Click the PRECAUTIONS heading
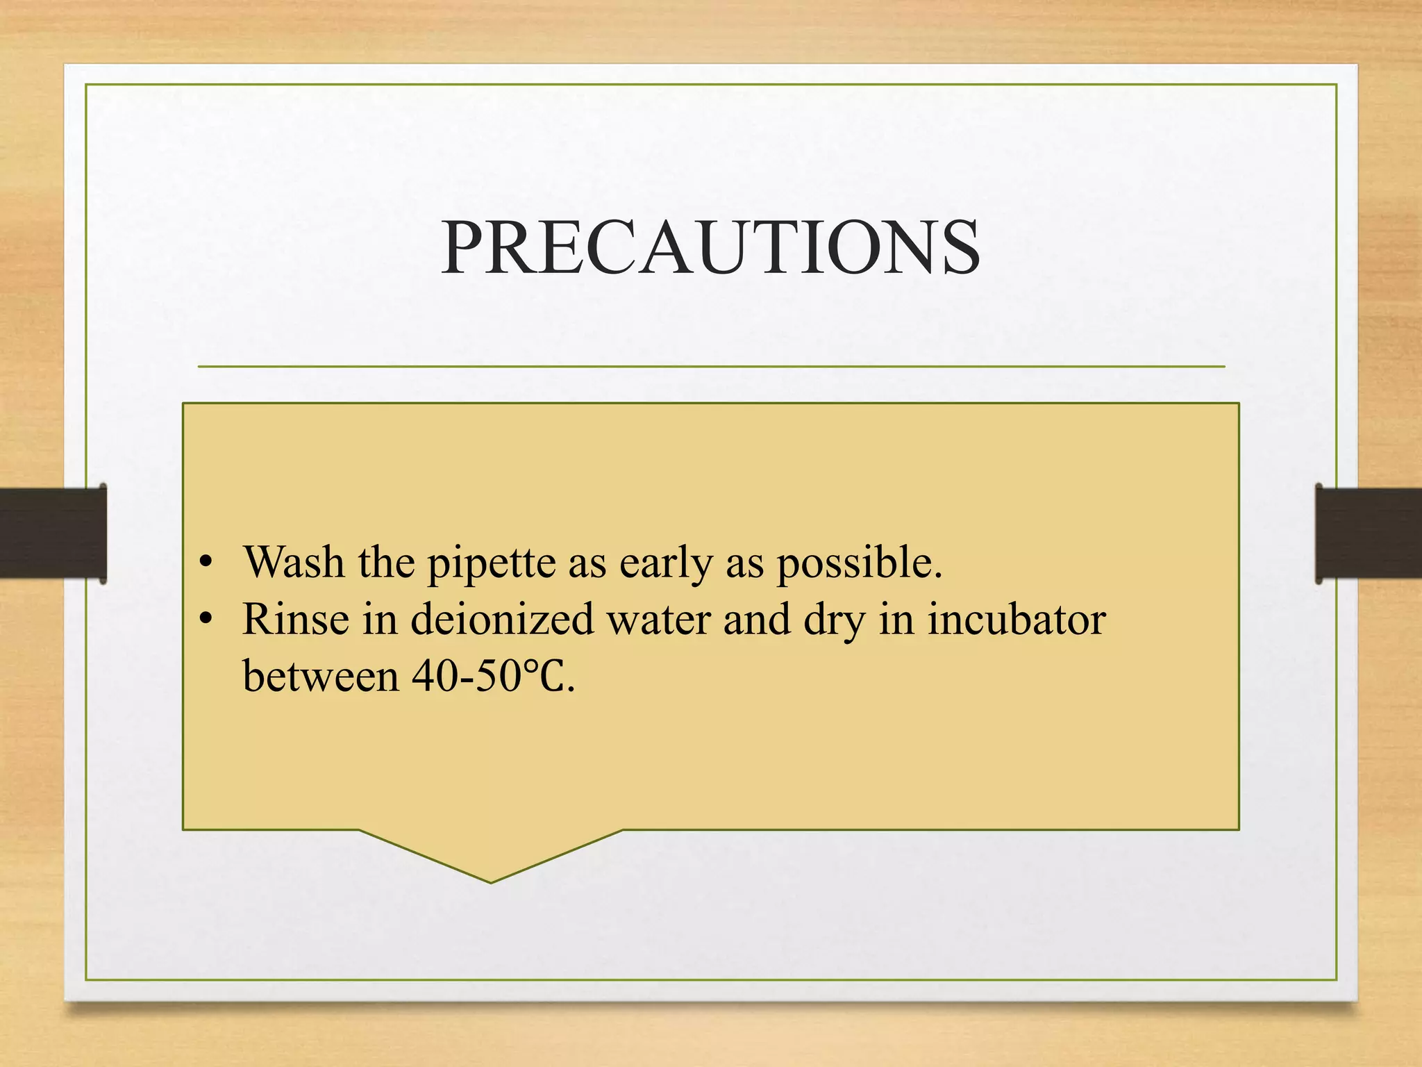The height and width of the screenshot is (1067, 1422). (710, 247)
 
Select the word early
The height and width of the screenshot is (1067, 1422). (665, 563)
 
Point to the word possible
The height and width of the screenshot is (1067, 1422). (858, 563)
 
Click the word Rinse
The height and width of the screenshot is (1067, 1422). (295, 619)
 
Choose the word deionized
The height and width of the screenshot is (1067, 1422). (502, 619)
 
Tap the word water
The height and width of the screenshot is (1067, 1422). (659, 620)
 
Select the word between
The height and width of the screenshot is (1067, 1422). (320, 676)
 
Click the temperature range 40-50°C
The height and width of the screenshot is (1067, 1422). (492, 676)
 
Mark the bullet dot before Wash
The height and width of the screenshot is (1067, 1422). (204, 563)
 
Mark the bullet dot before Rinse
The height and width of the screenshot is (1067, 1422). (204, 619)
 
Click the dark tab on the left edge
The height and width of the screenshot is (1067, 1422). (53, 533)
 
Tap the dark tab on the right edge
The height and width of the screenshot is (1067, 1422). (1368, 533)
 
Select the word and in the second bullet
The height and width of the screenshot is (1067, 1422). (757, 619)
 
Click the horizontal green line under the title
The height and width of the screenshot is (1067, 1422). (710, 366)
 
